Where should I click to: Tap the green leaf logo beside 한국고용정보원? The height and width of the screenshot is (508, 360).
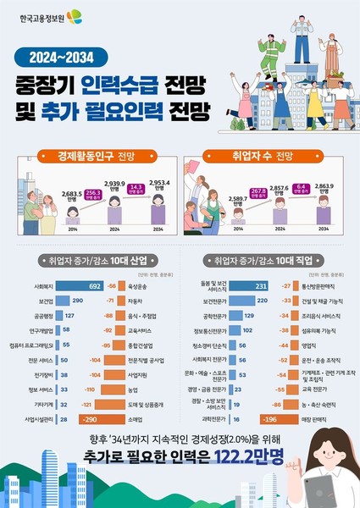[75, 16]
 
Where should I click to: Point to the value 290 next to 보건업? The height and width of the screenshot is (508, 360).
[77, 301]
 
